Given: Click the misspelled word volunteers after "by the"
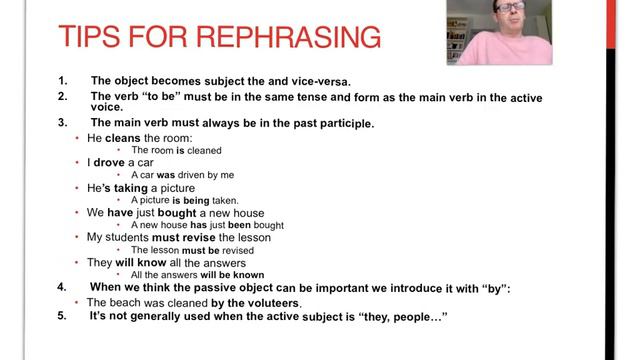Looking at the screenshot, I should coord(267,302).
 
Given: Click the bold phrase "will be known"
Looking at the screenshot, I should coord(231,274).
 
